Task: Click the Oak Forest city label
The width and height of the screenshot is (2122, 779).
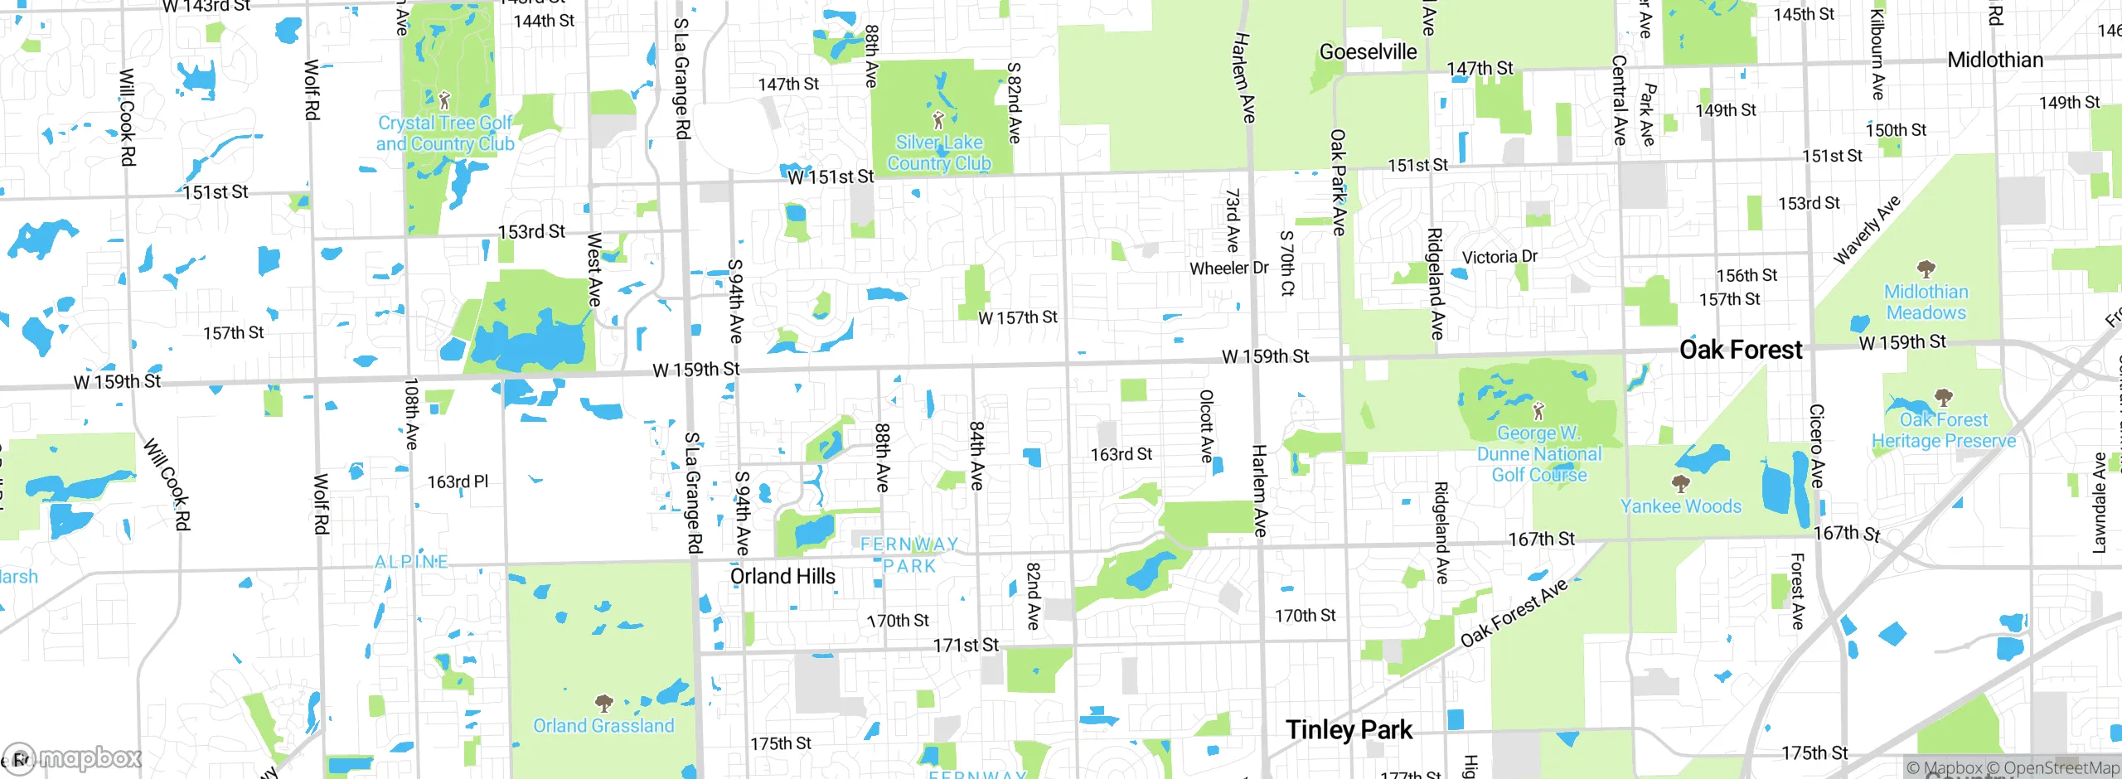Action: (x=1741, y=350)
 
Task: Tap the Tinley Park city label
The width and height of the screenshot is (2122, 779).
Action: (x=1349, y=729)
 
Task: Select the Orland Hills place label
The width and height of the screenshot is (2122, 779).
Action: (x=782, y=576)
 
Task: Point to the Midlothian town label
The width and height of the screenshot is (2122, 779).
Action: (x=1995, y=60)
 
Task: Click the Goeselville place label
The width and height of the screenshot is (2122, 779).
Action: (x=1368, y=51)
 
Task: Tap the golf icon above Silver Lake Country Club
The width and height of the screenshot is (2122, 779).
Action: (x=938, y=120)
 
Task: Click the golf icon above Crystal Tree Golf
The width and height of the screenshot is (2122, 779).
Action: (x=444, y=101)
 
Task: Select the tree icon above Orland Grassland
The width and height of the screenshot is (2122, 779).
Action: (x=603, y=704)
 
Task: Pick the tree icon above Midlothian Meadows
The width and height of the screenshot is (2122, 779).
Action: (x=1926, y=269)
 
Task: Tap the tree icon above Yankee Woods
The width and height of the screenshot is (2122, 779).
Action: (x=1680, y=483)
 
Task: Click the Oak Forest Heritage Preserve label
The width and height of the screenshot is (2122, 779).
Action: (x=1944, y=430)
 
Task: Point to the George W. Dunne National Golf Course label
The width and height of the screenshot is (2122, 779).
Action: (x=1539, y=454)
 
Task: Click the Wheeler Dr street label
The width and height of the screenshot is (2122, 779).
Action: (x=1228, y=269)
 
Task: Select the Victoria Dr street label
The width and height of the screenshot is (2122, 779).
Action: (x=1499, y=257)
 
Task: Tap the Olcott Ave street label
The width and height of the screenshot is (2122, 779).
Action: (x=1207, y=426)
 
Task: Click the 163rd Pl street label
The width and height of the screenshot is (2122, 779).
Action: (x=458, y=481)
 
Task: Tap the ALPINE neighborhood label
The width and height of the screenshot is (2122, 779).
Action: (x=411, y=562)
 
